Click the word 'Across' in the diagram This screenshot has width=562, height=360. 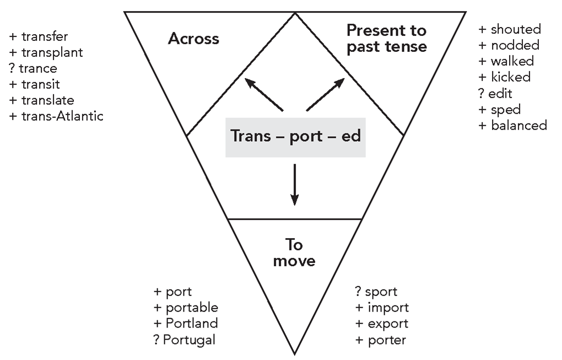point(193,39)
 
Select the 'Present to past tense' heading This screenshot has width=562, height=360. point(386,38)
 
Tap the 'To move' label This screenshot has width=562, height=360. point(295,252)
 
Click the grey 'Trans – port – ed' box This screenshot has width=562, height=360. point(295,136)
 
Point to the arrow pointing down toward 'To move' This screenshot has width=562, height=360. point(295,184)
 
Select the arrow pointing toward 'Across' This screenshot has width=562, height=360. point(264,94)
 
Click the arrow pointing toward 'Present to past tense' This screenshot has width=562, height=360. point(326,94)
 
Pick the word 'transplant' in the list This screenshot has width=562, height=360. point(52,52)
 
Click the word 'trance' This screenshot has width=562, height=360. point(38,68)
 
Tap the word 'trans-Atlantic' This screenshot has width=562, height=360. point(62,116)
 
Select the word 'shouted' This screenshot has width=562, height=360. point(516,29)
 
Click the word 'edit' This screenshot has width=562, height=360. point(500,93)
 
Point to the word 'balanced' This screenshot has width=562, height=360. point(518,125)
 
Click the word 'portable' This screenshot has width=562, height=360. point(192,307)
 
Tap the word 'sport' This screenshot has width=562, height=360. point(381,291)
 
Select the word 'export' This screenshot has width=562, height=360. point(388,323)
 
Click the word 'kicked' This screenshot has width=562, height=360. point(510,77)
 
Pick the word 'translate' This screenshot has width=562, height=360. point(47,100)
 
